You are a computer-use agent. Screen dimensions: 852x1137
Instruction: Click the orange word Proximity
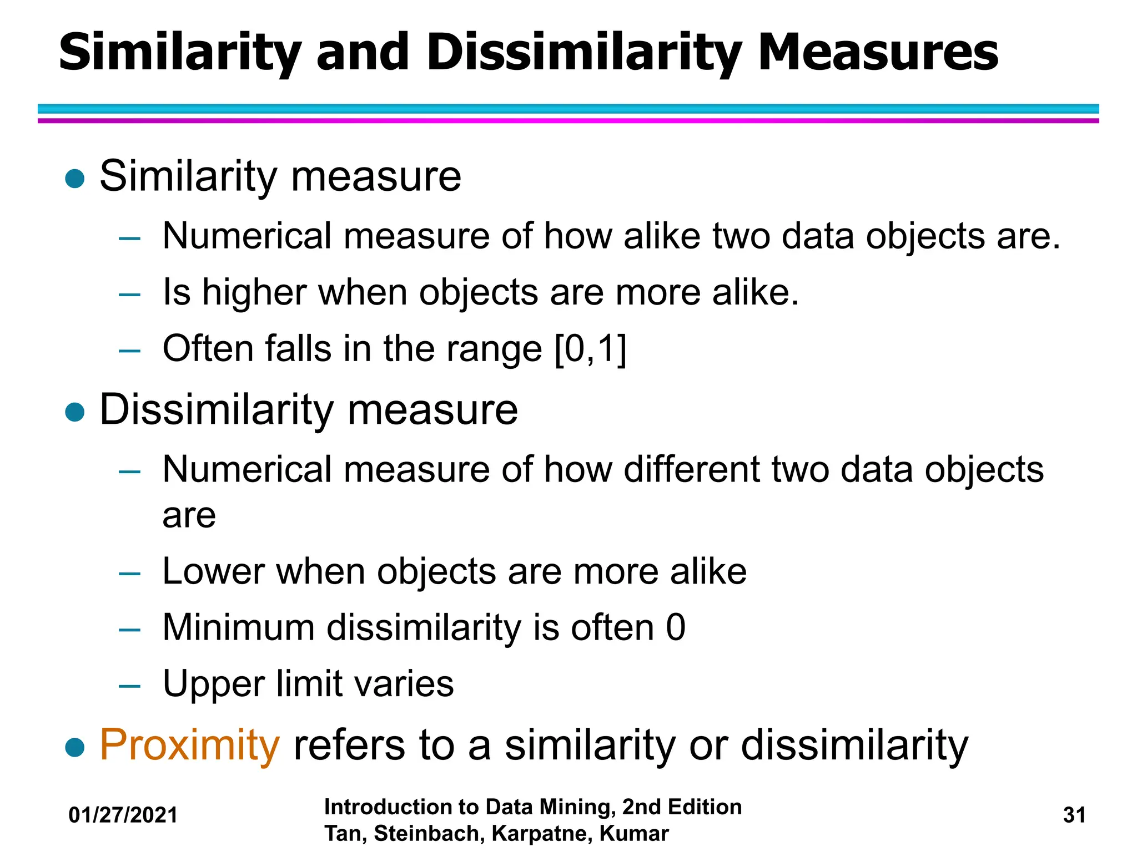(x=189, y=745)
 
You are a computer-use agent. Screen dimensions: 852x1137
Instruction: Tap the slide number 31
(x=1074, y=815)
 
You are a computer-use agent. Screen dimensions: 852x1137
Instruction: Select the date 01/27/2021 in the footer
(x=123, y=815)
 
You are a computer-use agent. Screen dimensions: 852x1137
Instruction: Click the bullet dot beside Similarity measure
(x=74, y=179)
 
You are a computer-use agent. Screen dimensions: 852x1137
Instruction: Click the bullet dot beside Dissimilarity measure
(x=74, y=412)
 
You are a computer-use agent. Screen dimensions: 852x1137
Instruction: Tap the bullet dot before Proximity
(x=74, y=747)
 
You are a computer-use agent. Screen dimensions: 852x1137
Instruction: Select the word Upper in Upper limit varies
(x=213, y=684)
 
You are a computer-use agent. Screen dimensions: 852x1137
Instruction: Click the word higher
(x=254, y=292)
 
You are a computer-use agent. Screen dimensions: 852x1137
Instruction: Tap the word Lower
(x=213, y=571)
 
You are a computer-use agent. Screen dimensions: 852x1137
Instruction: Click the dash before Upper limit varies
(x=129, y=686)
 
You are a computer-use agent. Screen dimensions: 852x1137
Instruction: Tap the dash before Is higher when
(x=129, y=294)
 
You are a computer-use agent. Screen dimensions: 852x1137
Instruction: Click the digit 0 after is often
(x=676, y=627)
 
